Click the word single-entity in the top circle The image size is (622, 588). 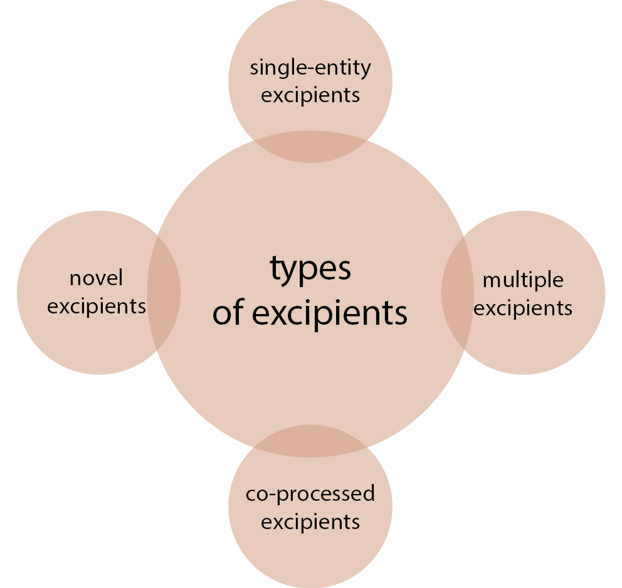[310, 68]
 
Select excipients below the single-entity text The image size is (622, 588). [310, 96]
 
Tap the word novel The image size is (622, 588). [97, 278]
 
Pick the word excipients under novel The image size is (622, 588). [97, 307]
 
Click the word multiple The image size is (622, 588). [523, 280]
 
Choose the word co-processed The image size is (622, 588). [310, 495]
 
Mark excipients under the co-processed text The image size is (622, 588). [310, 522]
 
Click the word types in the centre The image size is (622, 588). [310, 270]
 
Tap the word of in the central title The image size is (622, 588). [228, 312]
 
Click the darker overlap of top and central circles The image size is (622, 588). [310, 147]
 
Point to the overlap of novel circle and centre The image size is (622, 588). [164, 293]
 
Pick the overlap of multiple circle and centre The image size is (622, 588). [457, 292]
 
